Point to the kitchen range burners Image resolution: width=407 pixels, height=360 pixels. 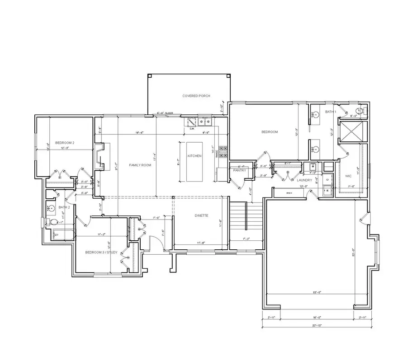[223, 151]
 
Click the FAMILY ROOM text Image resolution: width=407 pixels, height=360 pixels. [140, 165]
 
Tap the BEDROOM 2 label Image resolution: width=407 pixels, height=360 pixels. [65, 142]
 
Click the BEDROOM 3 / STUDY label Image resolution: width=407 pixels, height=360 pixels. [102, 252]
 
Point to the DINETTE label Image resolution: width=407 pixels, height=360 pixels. [202, 216]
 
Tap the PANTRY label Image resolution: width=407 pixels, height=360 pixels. [239, 171]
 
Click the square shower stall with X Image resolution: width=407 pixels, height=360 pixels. [353, 131]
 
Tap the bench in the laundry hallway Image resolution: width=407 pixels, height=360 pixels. [289, 193]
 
